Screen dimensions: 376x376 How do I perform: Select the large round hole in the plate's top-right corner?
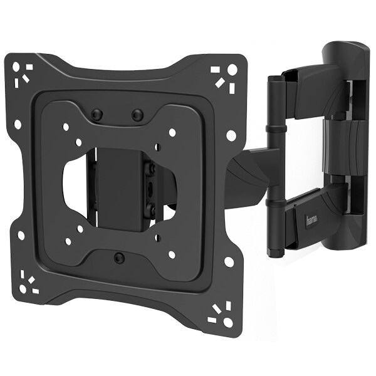point(232,70)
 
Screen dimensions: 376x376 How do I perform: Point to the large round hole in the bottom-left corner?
point(23,289)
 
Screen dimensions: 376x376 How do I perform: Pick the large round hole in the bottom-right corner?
point(228,322)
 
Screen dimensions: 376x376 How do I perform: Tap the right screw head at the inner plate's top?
point(137,115)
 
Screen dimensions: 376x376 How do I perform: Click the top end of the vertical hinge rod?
point(276,78)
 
